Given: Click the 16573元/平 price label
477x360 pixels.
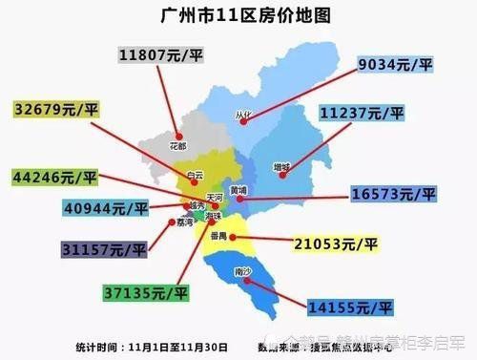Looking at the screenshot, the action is point(392,194).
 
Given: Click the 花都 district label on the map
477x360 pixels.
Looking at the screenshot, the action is point(177,146).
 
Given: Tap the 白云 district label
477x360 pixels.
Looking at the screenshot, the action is point(195,175).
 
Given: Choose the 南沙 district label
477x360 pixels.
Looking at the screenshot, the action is point(243,272).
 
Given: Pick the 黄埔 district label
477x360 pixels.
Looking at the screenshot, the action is point(238,189).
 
